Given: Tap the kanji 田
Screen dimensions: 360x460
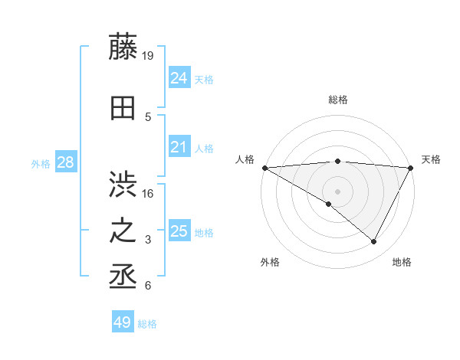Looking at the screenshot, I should [123, 107].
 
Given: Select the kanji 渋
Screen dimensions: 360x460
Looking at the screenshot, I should [123, 185].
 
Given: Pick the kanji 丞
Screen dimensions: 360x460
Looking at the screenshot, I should [123, 277].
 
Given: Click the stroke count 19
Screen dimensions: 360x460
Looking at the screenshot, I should [149, 55].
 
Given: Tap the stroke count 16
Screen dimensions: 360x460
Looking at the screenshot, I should [149, 193].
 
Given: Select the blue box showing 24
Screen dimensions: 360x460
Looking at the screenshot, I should [179, 78].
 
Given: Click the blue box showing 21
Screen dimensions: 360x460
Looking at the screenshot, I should [179, 148].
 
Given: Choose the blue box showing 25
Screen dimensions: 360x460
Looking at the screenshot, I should [179, 231].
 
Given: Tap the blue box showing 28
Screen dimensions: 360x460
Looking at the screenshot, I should [65, 162].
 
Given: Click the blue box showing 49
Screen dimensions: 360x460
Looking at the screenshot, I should [122, 322].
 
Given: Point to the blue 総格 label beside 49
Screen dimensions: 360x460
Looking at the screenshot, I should [147, 324].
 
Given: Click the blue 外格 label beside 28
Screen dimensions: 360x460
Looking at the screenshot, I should [41, 163].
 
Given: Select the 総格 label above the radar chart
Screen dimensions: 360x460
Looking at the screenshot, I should [337, 100].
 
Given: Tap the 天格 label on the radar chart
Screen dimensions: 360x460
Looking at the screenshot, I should [431, 159].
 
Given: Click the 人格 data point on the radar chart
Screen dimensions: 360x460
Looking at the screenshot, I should [264, 168].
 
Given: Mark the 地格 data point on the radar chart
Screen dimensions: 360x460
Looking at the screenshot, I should [374, 241].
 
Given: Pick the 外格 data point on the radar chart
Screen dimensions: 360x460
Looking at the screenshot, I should [329, 204].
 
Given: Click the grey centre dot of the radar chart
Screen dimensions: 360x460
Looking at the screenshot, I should [337, 191].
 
